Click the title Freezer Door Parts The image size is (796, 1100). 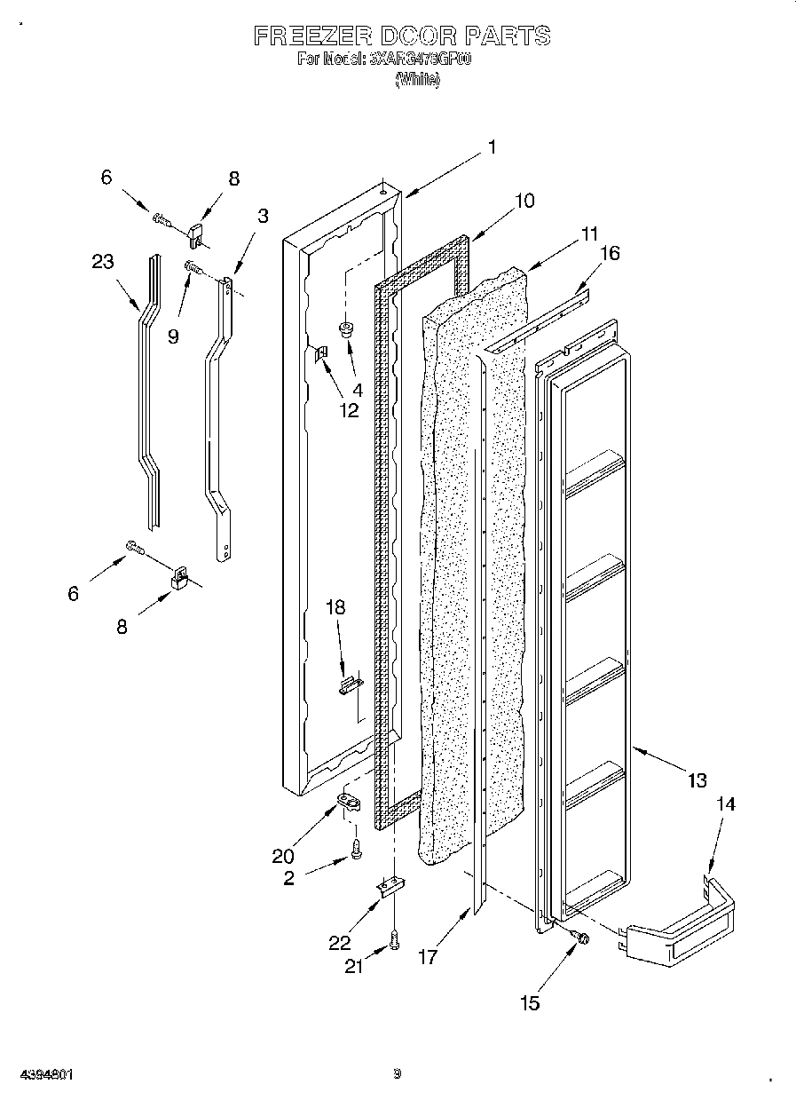[401, 36]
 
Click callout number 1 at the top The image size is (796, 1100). [492, 148]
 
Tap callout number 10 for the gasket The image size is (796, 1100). [524, 201]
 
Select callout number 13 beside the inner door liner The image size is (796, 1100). [697, 780]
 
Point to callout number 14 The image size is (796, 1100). [725, 804]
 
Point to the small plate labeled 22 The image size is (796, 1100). [391, 887]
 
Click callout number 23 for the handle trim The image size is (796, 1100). [102, 261]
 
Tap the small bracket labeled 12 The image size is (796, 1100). [321, 355]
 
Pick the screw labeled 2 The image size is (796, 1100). [356, 849]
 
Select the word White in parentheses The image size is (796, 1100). [416, 80]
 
